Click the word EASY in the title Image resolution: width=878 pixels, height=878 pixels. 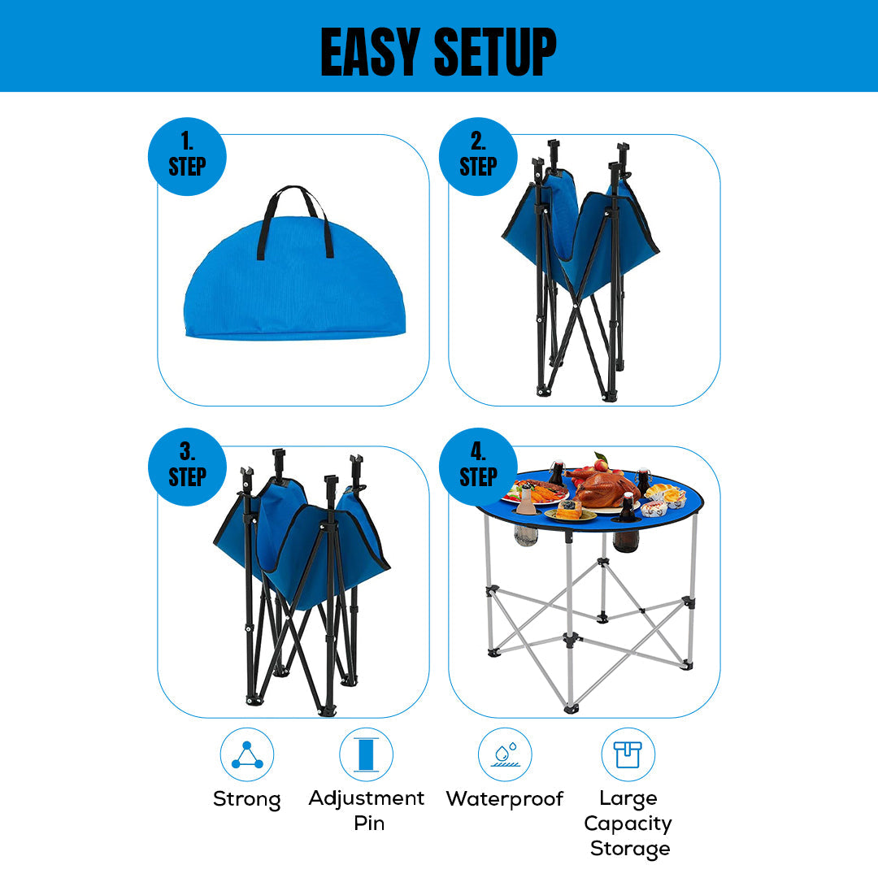click(x=371, y=51)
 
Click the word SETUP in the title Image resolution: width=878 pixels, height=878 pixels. click(x=495, y=51)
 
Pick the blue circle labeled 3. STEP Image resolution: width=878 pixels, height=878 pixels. click(x=187, y=467)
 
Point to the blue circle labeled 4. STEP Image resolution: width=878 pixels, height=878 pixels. click(x=478, y=467)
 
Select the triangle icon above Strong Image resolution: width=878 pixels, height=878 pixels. click(x=247, y=754)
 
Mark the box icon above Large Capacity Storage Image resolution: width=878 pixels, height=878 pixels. click(x=628, y=754)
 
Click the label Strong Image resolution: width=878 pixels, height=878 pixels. click(x=247, y=799)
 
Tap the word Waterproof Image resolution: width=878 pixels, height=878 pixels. click(x=505, y=799)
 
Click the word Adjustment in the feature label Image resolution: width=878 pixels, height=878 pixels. click(x=366, y=798)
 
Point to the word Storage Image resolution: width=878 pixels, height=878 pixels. click(x=630, y=849)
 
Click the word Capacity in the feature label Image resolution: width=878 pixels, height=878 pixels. click(x=628, y=824)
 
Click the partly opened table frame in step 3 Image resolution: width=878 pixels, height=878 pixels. click(x=301, y=577)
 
